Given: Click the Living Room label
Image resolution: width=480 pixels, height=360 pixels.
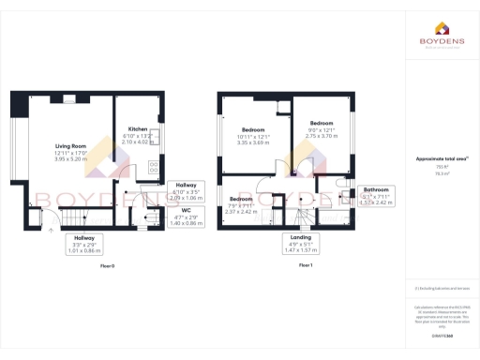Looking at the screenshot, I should [x=71, y=146].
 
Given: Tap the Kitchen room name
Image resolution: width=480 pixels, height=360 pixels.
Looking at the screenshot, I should [x=138, y=128].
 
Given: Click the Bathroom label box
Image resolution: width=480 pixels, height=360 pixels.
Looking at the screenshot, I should [x=375, y=196].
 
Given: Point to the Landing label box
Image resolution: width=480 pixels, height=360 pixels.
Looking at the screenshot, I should [x=302, y=246].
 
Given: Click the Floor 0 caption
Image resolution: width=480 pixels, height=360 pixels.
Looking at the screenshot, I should [x=107, y=266].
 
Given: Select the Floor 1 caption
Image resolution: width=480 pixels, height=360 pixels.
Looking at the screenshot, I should [x=305, y=266].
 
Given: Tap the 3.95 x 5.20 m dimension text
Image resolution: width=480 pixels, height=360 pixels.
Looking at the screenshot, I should [x=71, y=159].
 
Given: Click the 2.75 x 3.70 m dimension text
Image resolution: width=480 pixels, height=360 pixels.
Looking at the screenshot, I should [x=322, y=136].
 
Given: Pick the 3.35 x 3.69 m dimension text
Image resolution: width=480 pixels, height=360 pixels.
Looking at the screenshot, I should [x=253, y=142].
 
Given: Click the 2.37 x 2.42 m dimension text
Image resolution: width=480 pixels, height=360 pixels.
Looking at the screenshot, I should [x=242, y=212].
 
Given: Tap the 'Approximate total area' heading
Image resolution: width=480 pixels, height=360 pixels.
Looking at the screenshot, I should [x=441, y=158].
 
